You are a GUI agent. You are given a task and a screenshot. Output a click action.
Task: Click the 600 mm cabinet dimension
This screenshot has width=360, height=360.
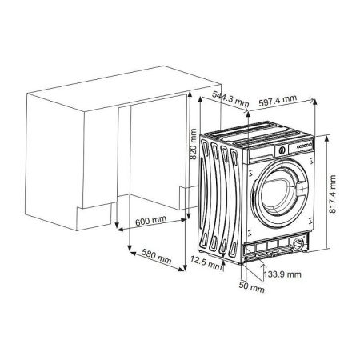(x=152, y=221)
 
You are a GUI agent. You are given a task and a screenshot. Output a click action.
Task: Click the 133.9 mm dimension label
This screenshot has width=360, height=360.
(x=282, y=274)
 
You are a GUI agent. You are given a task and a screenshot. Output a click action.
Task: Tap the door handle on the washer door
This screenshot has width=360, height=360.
(x=254, y=196)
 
